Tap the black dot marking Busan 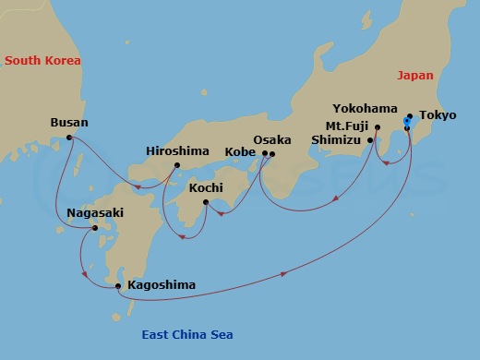(x=70, y=138)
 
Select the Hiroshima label (x=179, y=150)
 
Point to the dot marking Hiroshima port (x=176, y=167)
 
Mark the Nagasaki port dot (x=94, y=228)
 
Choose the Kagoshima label (x=162, y=285)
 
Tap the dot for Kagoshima (x=118, y=286)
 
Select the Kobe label (x=241, y=153)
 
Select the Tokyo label (x=437, y=115)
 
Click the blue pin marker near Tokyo (x=407, y=122)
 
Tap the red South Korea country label (x=42, y=61)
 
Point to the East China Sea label (x=187, y=335)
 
